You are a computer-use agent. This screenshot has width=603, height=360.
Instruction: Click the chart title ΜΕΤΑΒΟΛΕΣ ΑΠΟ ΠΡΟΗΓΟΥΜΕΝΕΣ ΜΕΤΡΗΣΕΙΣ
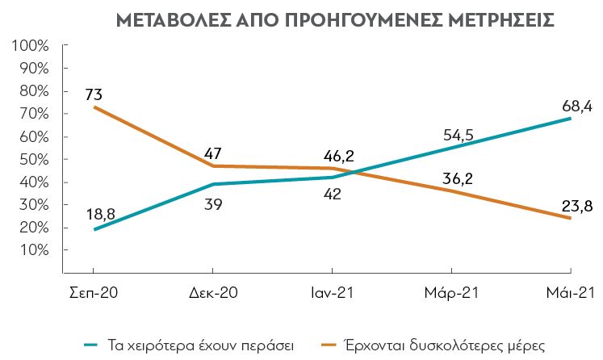(335, 19)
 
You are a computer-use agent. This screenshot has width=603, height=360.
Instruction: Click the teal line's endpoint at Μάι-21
(570, 119)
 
